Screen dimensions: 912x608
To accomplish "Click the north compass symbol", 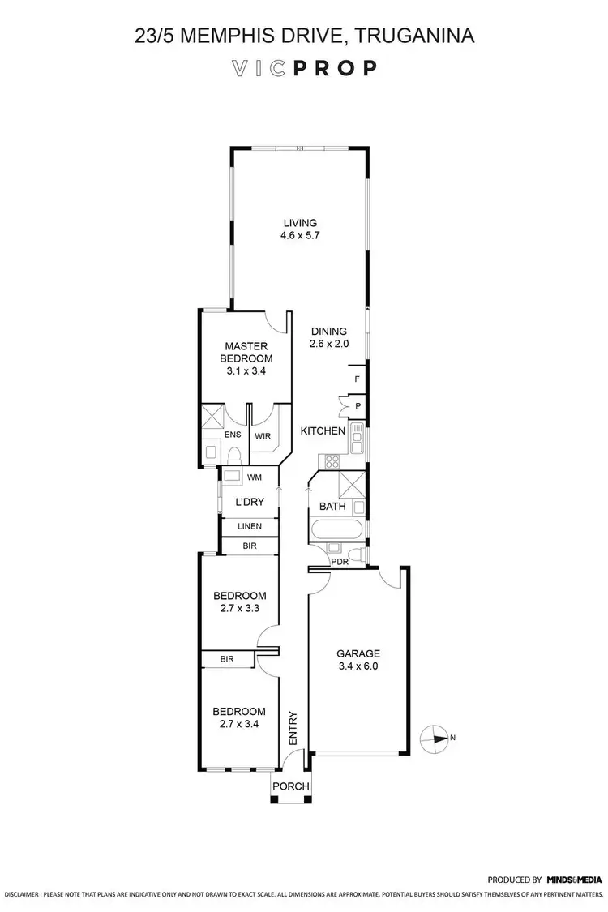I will point(435,739).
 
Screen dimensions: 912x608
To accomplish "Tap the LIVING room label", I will point(299,224).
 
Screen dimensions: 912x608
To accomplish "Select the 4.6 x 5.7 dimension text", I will point(299,238).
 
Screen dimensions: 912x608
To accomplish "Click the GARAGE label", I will point(358,653).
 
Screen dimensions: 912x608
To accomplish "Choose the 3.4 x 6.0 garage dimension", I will point(358,667).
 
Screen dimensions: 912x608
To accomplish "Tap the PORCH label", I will point(290,786).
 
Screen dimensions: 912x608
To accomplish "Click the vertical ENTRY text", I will point(293,728).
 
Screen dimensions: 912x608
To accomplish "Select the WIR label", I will point(263,435).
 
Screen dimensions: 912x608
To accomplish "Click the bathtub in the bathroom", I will point(336,531).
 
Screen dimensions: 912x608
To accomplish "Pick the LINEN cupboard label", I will point(250,526).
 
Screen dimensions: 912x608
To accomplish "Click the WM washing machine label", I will point(254,477).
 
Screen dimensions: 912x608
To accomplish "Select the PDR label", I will point(338,560).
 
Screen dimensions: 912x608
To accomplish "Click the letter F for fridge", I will point(356,379).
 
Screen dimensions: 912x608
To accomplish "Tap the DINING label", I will point(328,331).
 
